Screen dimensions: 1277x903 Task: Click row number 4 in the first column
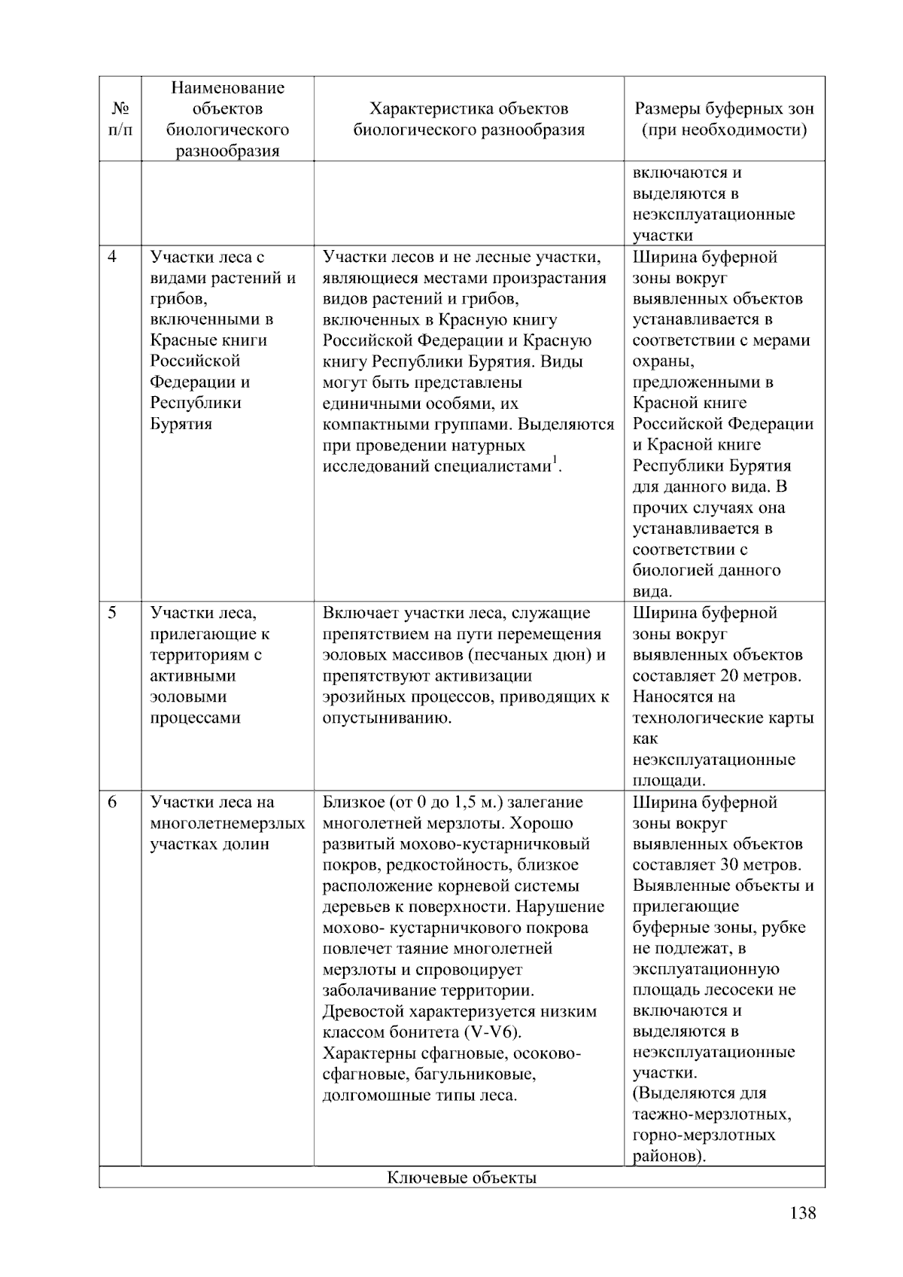click(x=113, y=257)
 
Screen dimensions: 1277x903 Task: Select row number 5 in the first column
click(x=113, y=613)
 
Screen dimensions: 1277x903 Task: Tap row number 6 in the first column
click(x=113, y=802)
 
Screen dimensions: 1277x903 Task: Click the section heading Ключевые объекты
click(x=461, y=1178)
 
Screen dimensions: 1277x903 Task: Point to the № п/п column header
click(x=120, y=119)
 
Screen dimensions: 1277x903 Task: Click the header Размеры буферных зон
click(x=724, y=109)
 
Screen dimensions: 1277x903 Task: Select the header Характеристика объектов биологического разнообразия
click(x=469, y=119)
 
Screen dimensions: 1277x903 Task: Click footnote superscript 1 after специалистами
click(x=555, y=460)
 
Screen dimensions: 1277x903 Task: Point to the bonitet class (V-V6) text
click(x=493, y=1032)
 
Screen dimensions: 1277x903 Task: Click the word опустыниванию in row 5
click(x=386, y=718)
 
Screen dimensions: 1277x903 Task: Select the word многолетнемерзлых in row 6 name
click(x=227, y=823)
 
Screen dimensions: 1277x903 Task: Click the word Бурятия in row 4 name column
click(x=181, y=424)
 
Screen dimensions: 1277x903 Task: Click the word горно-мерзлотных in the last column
click(x=704, y=1135)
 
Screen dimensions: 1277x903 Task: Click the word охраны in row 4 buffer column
click(x=662, y=361)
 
